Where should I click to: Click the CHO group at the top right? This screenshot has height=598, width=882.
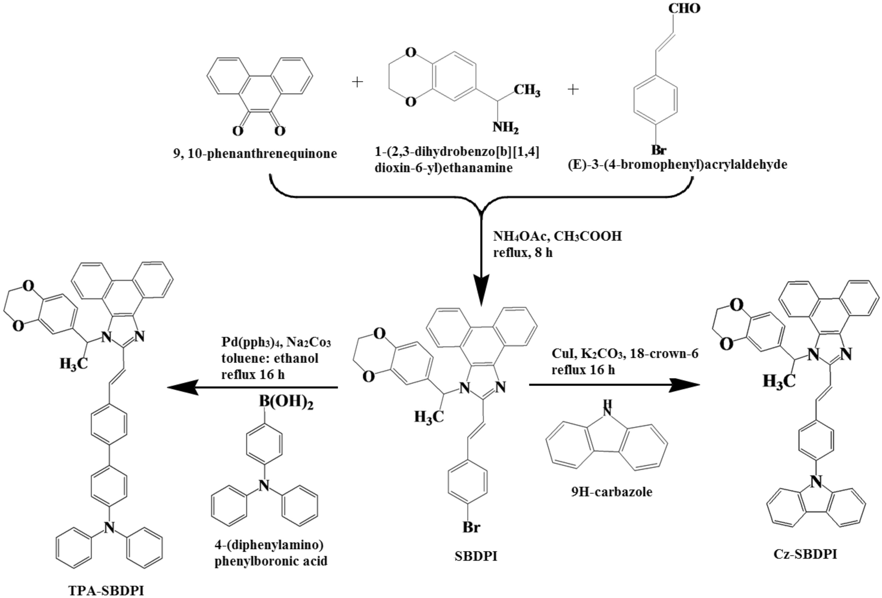coord(684,8)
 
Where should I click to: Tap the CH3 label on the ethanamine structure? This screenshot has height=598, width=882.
coord(527,91)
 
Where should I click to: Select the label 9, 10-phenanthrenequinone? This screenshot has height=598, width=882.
coord(255,153)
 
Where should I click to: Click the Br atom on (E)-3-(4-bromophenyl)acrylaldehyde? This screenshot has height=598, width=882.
coord(659,150)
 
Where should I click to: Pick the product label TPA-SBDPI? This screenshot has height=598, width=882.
coord(106,591)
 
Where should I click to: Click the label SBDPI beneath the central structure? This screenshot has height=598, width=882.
coord(475,556)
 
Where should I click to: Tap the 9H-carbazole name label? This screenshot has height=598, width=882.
coord(611,492)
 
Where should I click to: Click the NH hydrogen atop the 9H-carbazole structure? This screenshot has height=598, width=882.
coord(606,403)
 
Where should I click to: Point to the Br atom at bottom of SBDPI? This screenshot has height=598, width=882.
coord(471,527)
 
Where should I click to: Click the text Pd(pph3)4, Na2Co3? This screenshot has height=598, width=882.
coord(276,342)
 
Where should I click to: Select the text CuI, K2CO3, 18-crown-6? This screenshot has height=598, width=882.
coord(624,354)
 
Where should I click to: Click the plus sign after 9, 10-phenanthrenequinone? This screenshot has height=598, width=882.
coord(357,82)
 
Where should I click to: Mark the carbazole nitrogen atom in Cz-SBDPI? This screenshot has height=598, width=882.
coord(815,481)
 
